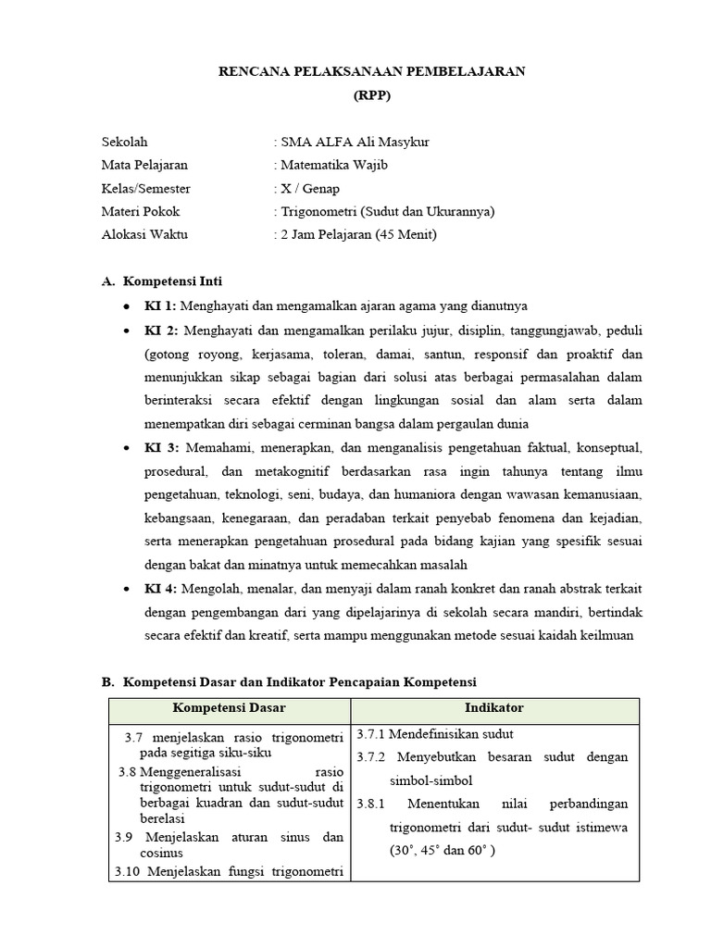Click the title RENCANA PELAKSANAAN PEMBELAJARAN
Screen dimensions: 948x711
[x=371, y=70]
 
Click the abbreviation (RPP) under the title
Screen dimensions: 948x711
[x=371, y=94]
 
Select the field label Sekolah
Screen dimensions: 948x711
[x=124, y=143]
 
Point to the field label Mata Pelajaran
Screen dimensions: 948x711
[x=144, y=166]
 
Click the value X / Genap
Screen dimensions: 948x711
[x=310, y=189]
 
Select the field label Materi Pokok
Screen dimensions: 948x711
[x=140, y=212]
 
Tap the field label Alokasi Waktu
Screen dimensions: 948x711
[x=144, y=235]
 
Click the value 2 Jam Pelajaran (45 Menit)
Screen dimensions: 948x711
[x=357, y=235]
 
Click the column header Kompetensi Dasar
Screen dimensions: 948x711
[x=229, y=708]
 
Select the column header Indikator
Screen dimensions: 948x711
[x=493, y=708]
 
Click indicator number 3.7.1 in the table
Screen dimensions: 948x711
[x=371, y=734]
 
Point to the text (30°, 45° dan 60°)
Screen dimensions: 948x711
[x=442, y=850]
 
